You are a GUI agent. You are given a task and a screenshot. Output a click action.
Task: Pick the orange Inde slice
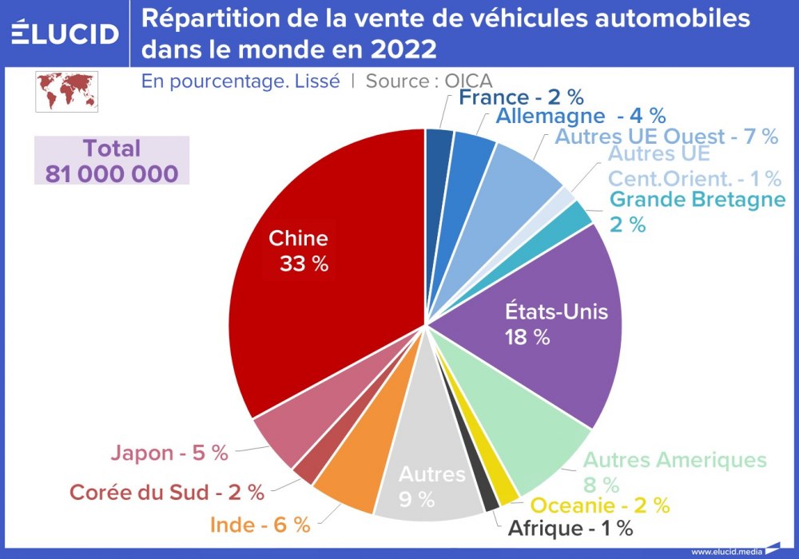pos(352,471)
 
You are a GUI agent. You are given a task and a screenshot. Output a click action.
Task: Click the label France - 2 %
pos(521,97)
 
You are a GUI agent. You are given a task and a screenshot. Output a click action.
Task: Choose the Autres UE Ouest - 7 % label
pos(666,137)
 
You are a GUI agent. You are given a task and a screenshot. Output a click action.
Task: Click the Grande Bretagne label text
pos(698,200)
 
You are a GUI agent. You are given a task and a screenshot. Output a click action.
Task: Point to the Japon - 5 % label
pos(169,453)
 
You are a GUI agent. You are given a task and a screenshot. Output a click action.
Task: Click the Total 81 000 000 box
pos(112,161)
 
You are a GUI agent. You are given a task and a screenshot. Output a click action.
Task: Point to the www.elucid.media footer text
pos(725,551)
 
